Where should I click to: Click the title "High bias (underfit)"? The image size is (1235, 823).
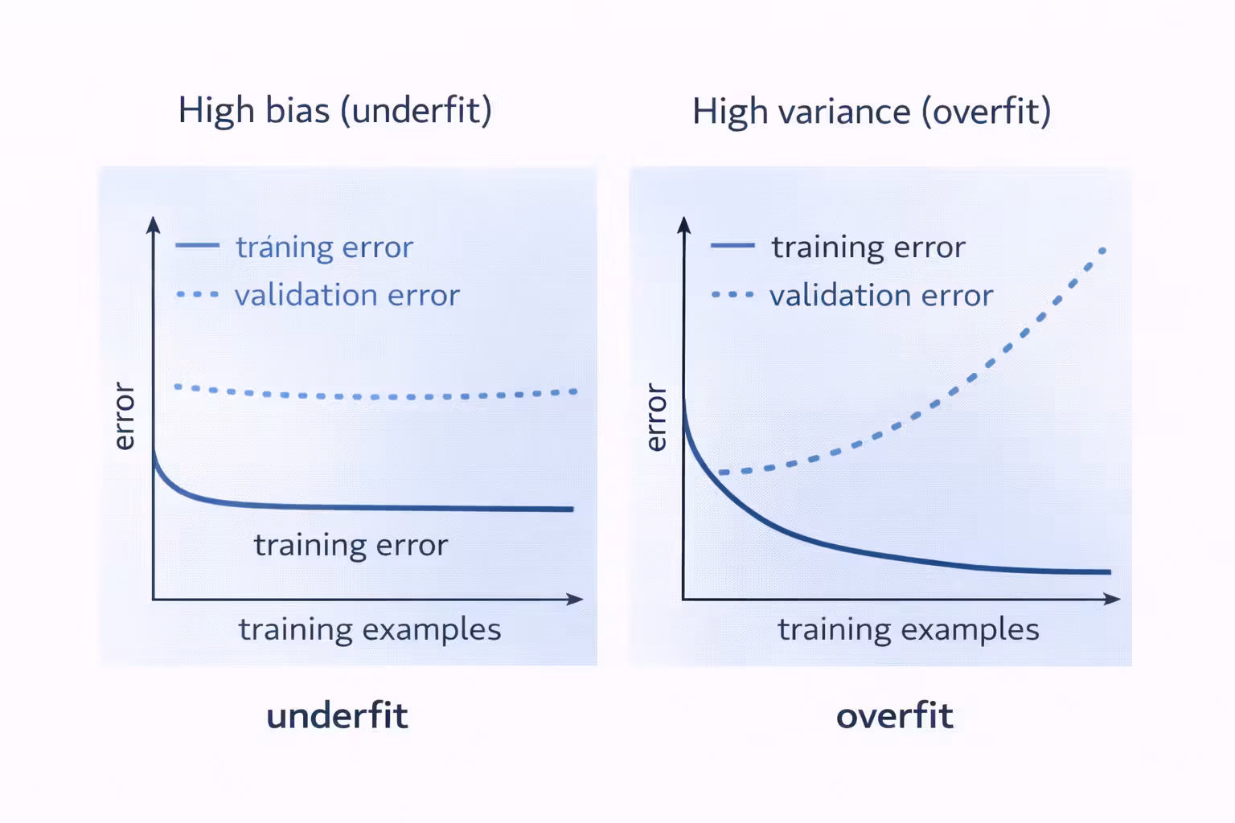coord(334,110)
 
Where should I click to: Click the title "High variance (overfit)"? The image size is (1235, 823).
coord(872,111)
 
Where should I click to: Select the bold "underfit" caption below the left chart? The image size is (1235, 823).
coord(337,715)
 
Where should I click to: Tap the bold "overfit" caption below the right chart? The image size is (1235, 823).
coord(894,715)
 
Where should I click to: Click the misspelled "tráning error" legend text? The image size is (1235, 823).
coord(324,247)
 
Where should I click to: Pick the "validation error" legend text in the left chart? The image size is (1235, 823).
coord(347,295)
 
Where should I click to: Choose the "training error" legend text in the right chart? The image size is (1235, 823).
coord(868,247)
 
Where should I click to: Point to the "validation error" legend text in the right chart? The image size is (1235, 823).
coord(881,295)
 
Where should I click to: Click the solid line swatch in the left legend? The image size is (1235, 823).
coord(197,245)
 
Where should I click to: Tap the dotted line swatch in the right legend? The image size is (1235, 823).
coord(732,295)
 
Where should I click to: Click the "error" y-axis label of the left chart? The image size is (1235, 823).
coord(124,416)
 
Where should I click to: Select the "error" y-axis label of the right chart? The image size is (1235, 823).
coord(657,417)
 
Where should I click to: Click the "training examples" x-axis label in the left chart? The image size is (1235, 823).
coord(370,629)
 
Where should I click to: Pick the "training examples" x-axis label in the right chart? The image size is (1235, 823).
coord(909,629)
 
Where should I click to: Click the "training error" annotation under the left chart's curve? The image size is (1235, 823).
coord(351,545)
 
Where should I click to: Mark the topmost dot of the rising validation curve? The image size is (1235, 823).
coord(1102,251)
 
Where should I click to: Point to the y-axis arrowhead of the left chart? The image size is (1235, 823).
coord(154,224)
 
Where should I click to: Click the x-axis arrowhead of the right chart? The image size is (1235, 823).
coord(1113,599)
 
